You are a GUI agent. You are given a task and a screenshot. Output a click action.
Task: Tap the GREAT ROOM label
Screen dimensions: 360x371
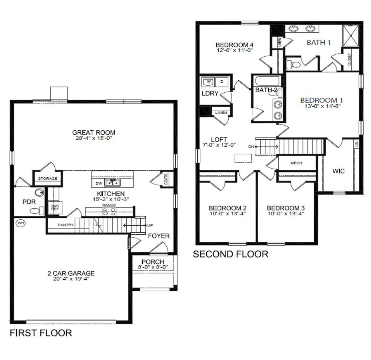pyautogui.click(x=94, y=132)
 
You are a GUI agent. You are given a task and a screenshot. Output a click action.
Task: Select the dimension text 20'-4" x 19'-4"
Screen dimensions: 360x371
pyautogui.click(x=71, y=279)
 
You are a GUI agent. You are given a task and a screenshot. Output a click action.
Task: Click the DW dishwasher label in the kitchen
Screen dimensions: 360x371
pyautogui.click(x=98, y=183)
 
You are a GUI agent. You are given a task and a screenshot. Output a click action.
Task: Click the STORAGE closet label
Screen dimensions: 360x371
pyautogui.click(x=48, y=178)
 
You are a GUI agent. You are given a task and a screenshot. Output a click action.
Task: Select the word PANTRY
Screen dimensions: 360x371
pyautogui.click(x=66, y=225)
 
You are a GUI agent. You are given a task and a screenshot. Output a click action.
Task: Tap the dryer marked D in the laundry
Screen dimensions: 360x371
pyautogui.click(x=222, y=82)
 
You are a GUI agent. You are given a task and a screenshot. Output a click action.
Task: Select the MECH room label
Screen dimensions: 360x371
pyautogui.click(x=296, y=163)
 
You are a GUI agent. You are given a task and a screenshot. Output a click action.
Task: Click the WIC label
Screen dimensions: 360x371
pyautogui.click(x=339, y=171)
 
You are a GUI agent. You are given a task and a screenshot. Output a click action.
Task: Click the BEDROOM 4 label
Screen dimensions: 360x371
pyautogui.click(x=235, y=45)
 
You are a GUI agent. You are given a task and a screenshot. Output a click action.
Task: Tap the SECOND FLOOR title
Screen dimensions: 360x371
pyautogui.click(x=231, y=254)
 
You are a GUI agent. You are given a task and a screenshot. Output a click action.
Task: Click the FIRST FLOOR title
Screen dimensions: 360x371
pyautogui.click(x=41, y=333)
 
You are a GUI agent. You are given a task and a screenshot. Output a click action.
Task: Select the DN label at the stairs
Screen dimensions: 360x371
pyautogui.click(x=251, y=147)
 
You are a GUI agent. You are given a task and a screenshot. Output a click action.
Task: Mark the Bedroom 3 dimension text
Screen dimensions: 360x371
pyautogui.click(x=286, y=214)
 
